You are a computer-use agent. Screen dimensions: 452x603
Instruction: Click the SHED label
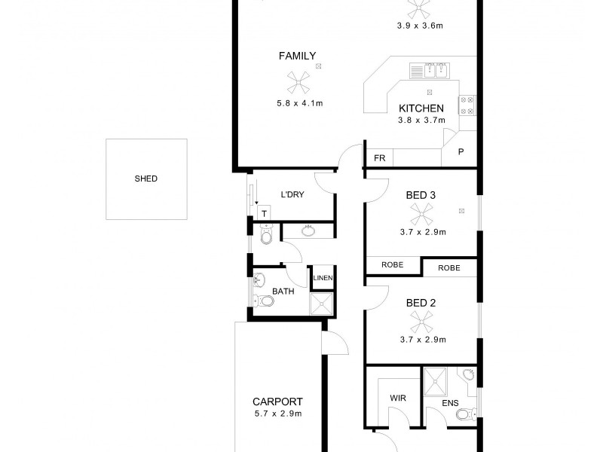tap(145, 179)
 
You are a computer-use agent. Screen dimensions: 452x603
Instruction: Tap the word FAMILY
tap(297, 56)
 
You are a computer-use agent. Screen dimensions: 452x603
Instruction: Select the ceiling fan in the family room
tap(297, 81)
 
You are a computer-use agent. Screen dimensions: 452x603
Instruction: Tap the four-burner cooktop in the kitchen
tap(467, 105)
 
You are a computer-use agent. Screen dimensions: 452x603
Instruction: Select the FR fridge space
tap(379, 159)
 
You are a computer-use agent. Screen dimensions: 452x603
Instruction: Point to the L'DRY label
tap(292, 194)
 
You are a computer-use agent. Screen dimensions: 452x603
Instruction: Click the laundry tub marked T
tap(265, 214)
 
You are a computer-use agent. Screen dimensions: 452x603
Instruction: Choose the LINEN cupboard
tap(323, 278)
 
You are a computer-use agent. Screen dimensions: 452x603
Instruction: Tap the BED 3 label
tap(421, 195)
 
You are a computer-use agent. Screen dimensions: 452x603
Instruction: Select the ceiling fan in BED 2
tap(421, 322)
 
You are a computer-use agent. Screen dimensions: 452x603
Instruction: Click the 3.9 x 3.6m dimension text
tap(420, 26)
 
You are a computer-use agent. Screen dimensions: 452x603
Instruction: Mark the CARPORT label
tap(278, 402)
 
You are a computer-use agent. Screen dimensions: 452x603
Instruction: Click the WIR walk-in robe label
tap(399, 397)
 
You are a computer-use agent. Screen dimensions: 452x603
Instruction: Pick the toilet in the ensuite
tap(464, 413)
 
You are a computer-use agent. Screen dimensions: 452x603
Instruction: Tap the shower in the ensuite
tap(435, 381)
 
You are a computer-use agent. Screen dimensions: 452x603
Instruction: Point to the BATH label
tap(283, 291)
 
